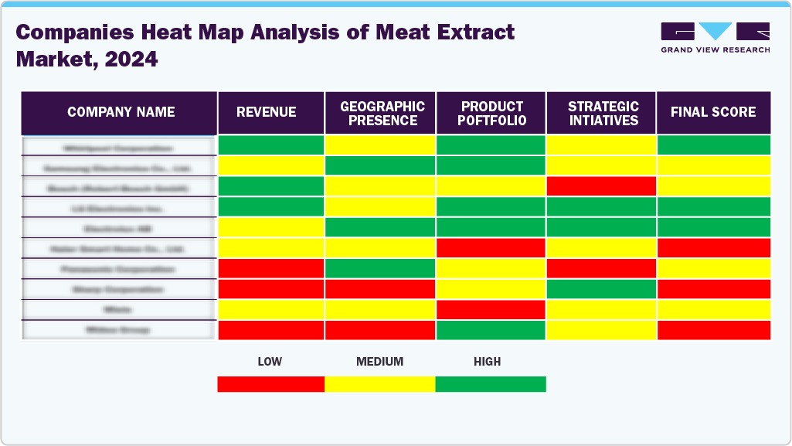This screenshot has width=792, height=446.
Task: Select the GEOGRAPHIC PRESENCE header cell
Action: (x=381, y=113)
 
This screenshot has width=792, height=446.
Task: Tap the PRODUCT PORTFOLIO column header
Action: (x=491, y=113)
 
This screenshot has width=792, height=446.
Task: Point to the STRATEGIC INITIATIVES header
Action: (x=600, y=113)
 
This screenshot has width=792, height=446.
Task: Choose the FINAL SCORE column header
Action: (x=713, y=113)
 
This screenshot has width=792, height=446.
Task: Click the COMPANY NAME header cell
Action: (x=120, y=113)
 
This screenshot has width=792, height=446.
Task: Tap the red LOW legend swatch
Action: (x=271, y=384)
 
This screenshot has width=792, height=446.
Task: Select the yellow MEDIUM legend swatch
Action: (x=380, y=384)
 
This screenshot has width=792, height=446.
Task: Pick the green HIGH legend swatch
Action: (x=491, y=384)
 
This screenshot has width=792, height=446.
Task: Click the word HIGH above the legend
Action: (x=488, y=362)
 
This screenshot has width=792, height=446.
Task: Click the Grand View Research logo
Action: (x=715, y=37)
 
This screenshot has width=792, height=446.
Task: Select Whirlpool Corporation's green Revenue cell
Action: (x=271, y=145)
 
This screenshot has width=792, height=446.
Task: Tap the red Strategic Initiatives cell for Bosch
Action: (x=600, y=186)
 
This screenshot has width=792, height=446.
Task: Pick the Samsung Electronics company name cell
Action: (x=119, y=166)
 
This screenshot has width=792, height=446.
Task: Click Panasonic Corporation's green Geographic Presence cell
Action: (x=381, y=268)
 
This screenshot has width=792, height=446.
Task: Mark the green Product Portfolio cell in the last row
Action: (x=491, y=330)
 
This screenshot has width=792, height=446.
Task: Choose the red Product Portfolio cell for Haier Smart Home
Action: (x=491, y=248)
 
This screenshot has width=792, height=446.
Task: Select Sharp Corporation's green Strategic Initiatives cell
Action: (x=600, y=289)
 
